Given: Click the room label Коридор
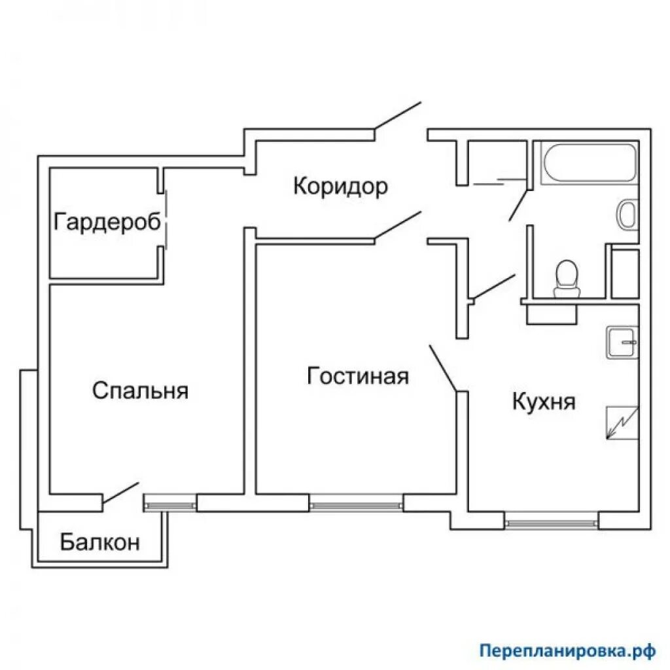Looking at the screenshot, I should pos(340,186).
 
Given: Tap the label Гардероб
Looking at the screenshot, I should pos(107,222).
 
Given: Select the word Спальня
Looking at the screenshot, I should pos(140,391).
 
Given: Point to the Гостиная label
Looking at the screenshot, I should pos(358,376).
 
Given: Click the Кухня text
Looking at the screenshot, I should pos(543,401).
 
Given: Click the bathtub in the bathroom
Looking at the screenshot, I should pos(588,163).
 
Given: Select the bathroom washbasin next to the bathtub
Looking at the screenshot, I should pos(627,215).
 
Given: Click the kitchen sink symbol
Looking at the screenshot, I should pos(622,342).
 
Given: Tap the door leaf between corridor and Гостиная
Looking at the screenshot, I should pos(398,226).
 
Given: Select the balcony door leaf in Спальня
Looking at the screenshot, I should pos(121,494).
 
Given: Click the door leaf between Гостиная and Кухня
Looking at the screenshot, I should pos(442,368).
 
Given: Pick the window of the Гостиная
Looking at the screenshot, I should pos(356,504).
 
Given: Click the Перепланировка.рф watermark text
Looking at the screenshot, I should pos(567,650).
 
